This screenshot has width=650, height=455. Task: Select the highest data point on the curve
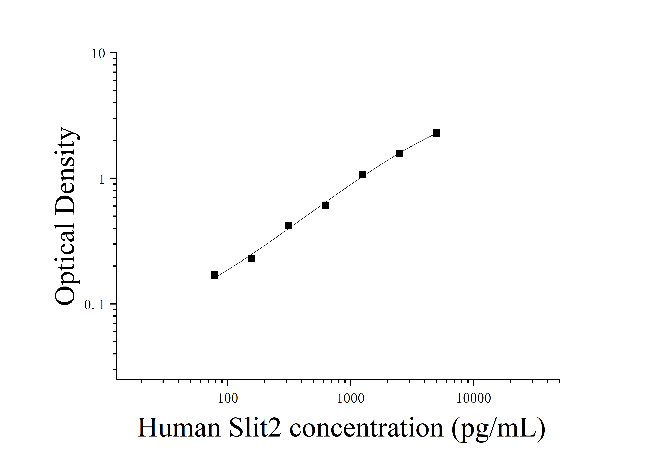click(436, 133)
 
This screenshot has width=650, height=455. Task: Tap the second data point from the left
click(251, 258)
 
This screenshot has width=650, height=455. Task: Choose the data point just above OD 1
click(362, 175)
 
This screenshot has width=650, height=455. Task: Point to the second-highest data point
click(399, 154)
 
